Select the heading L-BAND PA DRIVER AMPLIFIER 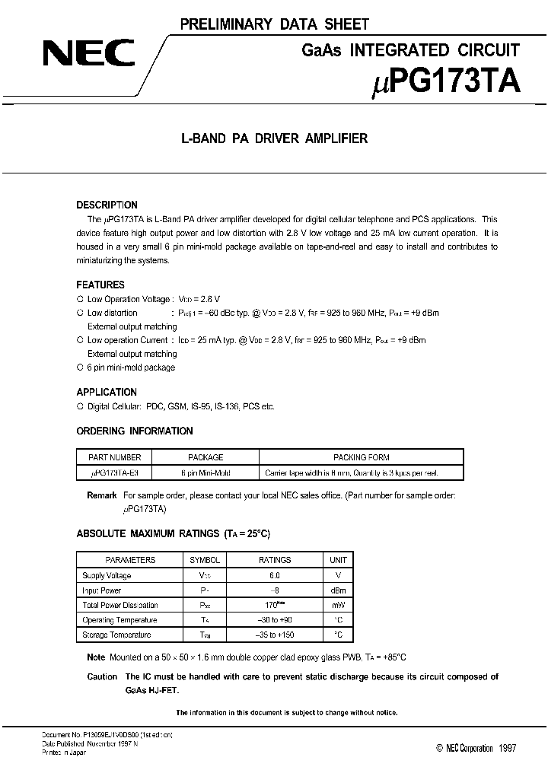pyautogui.click(x=273, y=138)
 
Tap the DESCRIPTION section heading pyautogui.click(x=107, y=205)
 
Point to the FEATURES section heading pyautogui.click(x=100, y=285)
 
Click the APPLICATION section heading pyautogui.click(x=107, y=392)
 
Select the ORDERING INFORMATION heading pyautogui.click(x=135, y=431)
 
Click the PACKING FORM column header pyautogui.click(x=362, y=457)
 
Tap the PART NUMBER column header pyautogui.click(x=115, y=457)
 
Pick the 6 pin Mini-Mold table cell pyautogui.click(x=205, y=473)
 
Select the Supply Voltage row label pyautogui.click(x=107, y=575)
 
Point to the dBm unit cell pyautogui.click(x=337, y=590)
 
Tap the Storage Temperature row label pyautogui.click(x=116, y=635)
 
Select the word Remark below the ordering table pyautogui.click(x=102, y=495)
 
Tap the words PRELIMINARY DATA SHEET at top pyautogui.click(x=274, y=25)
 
